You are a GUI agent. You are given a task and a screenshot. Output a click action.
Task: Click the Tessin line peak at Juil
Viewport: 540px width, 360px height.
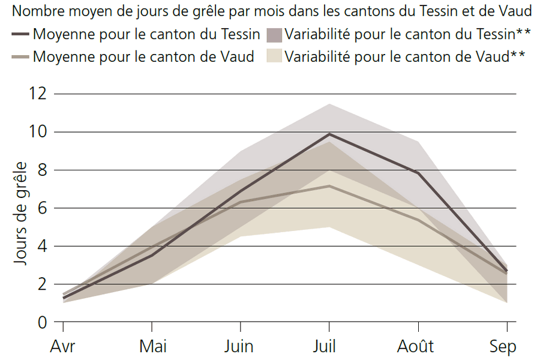329,134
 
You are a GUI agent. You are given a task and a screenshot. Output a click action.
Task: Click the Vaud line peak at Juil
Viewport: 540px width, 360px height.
329,186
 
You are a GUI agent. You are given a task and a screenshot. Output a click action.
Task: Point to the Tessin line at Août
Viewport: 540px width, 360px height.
418,173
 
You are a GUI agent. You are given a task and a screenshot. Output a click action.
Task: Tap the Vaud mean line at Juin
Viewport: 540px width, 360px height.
240,202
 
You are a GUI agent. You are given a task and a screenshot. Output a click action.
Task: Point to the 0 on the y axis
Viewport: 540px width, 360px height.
41,322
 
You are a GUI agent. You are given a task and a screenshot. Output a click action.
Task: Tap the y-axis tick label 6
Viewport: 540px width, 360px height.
41,208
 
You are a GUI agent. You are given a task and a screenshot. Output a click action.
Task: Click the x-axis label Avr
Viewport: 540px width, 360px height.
63,347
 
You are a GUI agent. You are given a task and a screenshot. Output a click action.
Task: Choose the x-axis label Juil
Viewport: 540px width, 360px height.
329,347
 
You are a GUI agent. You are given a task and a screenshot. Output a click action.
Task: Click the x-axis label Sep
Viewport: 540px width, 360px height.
503,347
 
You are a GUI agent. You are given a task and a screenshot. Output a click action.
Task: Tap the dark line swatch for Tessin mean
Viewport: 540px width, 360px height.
21,34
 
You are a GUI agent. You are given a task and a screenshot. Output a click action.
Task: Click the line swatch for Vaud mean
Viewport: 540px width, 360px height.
21,58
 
